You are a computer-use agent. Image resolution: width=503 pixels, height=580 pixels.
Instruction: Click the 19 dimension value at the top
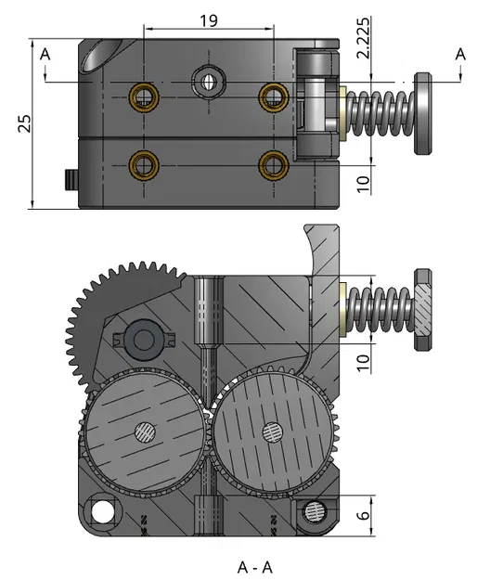point(209,20)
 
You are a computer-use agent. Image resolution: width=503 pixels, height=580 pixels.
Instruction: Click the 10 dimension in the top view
point(364,183)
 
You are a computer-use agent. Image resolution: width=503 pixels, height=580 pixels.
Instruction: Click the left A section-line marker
point(45,55)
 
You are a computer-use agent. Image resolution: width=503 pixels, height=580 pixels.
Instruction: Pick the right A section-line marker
point(459,55)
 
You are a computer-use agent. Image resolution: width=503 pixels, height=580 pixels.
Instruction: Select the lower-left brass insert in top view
point(143,164)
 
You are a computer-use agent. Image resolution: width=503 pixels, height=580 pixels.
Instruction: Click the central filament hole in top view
point(208,82)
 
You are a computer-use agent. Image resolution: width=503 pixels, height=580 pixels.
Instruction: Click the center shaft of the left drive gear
point(144,431)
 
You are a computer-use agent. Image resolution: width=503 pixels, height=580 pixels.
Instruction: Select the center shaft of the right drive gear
point(272,431)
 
